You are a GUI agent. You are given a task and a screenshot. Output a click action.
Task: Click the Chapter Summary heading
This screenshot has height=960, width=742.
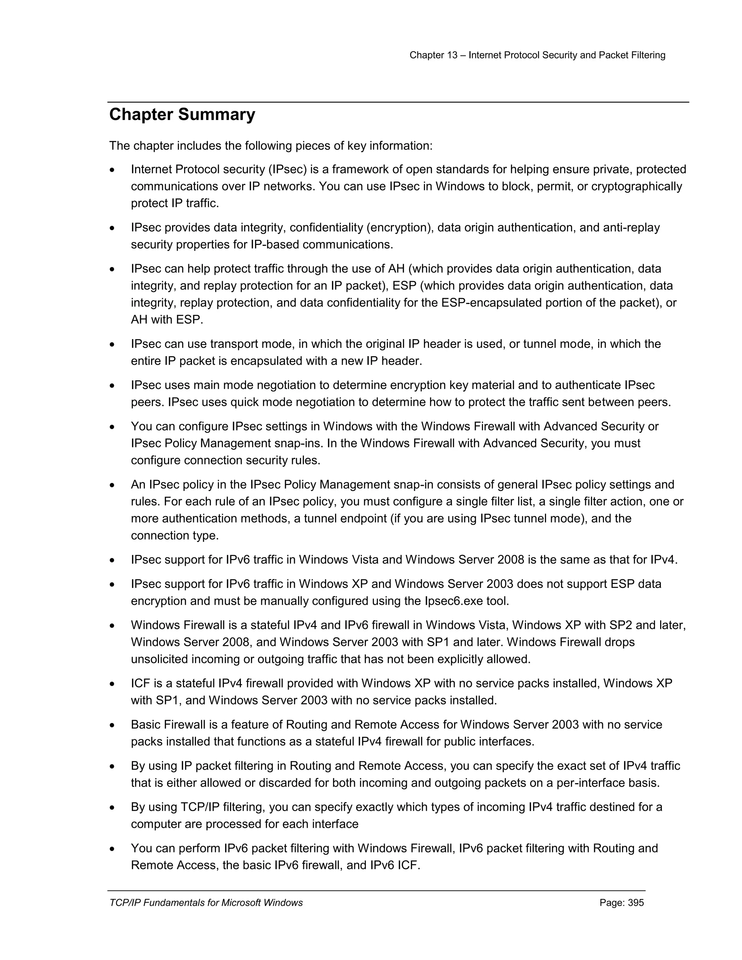coord(182,115)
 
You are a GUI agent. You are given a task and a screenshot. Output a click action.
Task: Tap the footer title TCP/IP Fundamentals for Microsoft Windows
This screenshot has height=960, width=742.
coord(206,903)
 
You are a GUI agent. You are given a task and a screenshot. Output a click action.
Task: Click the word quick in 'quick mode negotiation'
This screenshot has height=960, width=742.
coord(246,402)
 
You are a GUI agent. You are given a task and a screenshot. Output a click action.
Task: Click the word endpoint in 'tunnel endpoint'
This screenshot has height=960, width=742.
coord(362,518)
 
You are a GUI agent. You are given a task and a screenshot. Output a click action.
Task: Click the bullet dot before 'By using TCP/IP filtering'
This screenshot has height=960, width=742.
coord(113,808)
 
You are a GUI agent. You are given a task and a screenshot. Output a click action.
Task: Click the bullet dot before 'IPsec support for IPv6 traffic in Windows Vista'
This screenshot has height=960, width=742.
coord(113,560)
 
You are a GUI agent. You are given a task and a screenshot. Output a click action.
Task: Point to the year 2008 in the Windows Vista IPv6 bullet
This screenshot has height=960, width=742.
coord(510,560)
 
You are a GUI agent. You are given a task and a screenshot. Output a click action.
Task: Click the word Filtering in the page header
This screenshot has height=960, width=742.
coord(649,55)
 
